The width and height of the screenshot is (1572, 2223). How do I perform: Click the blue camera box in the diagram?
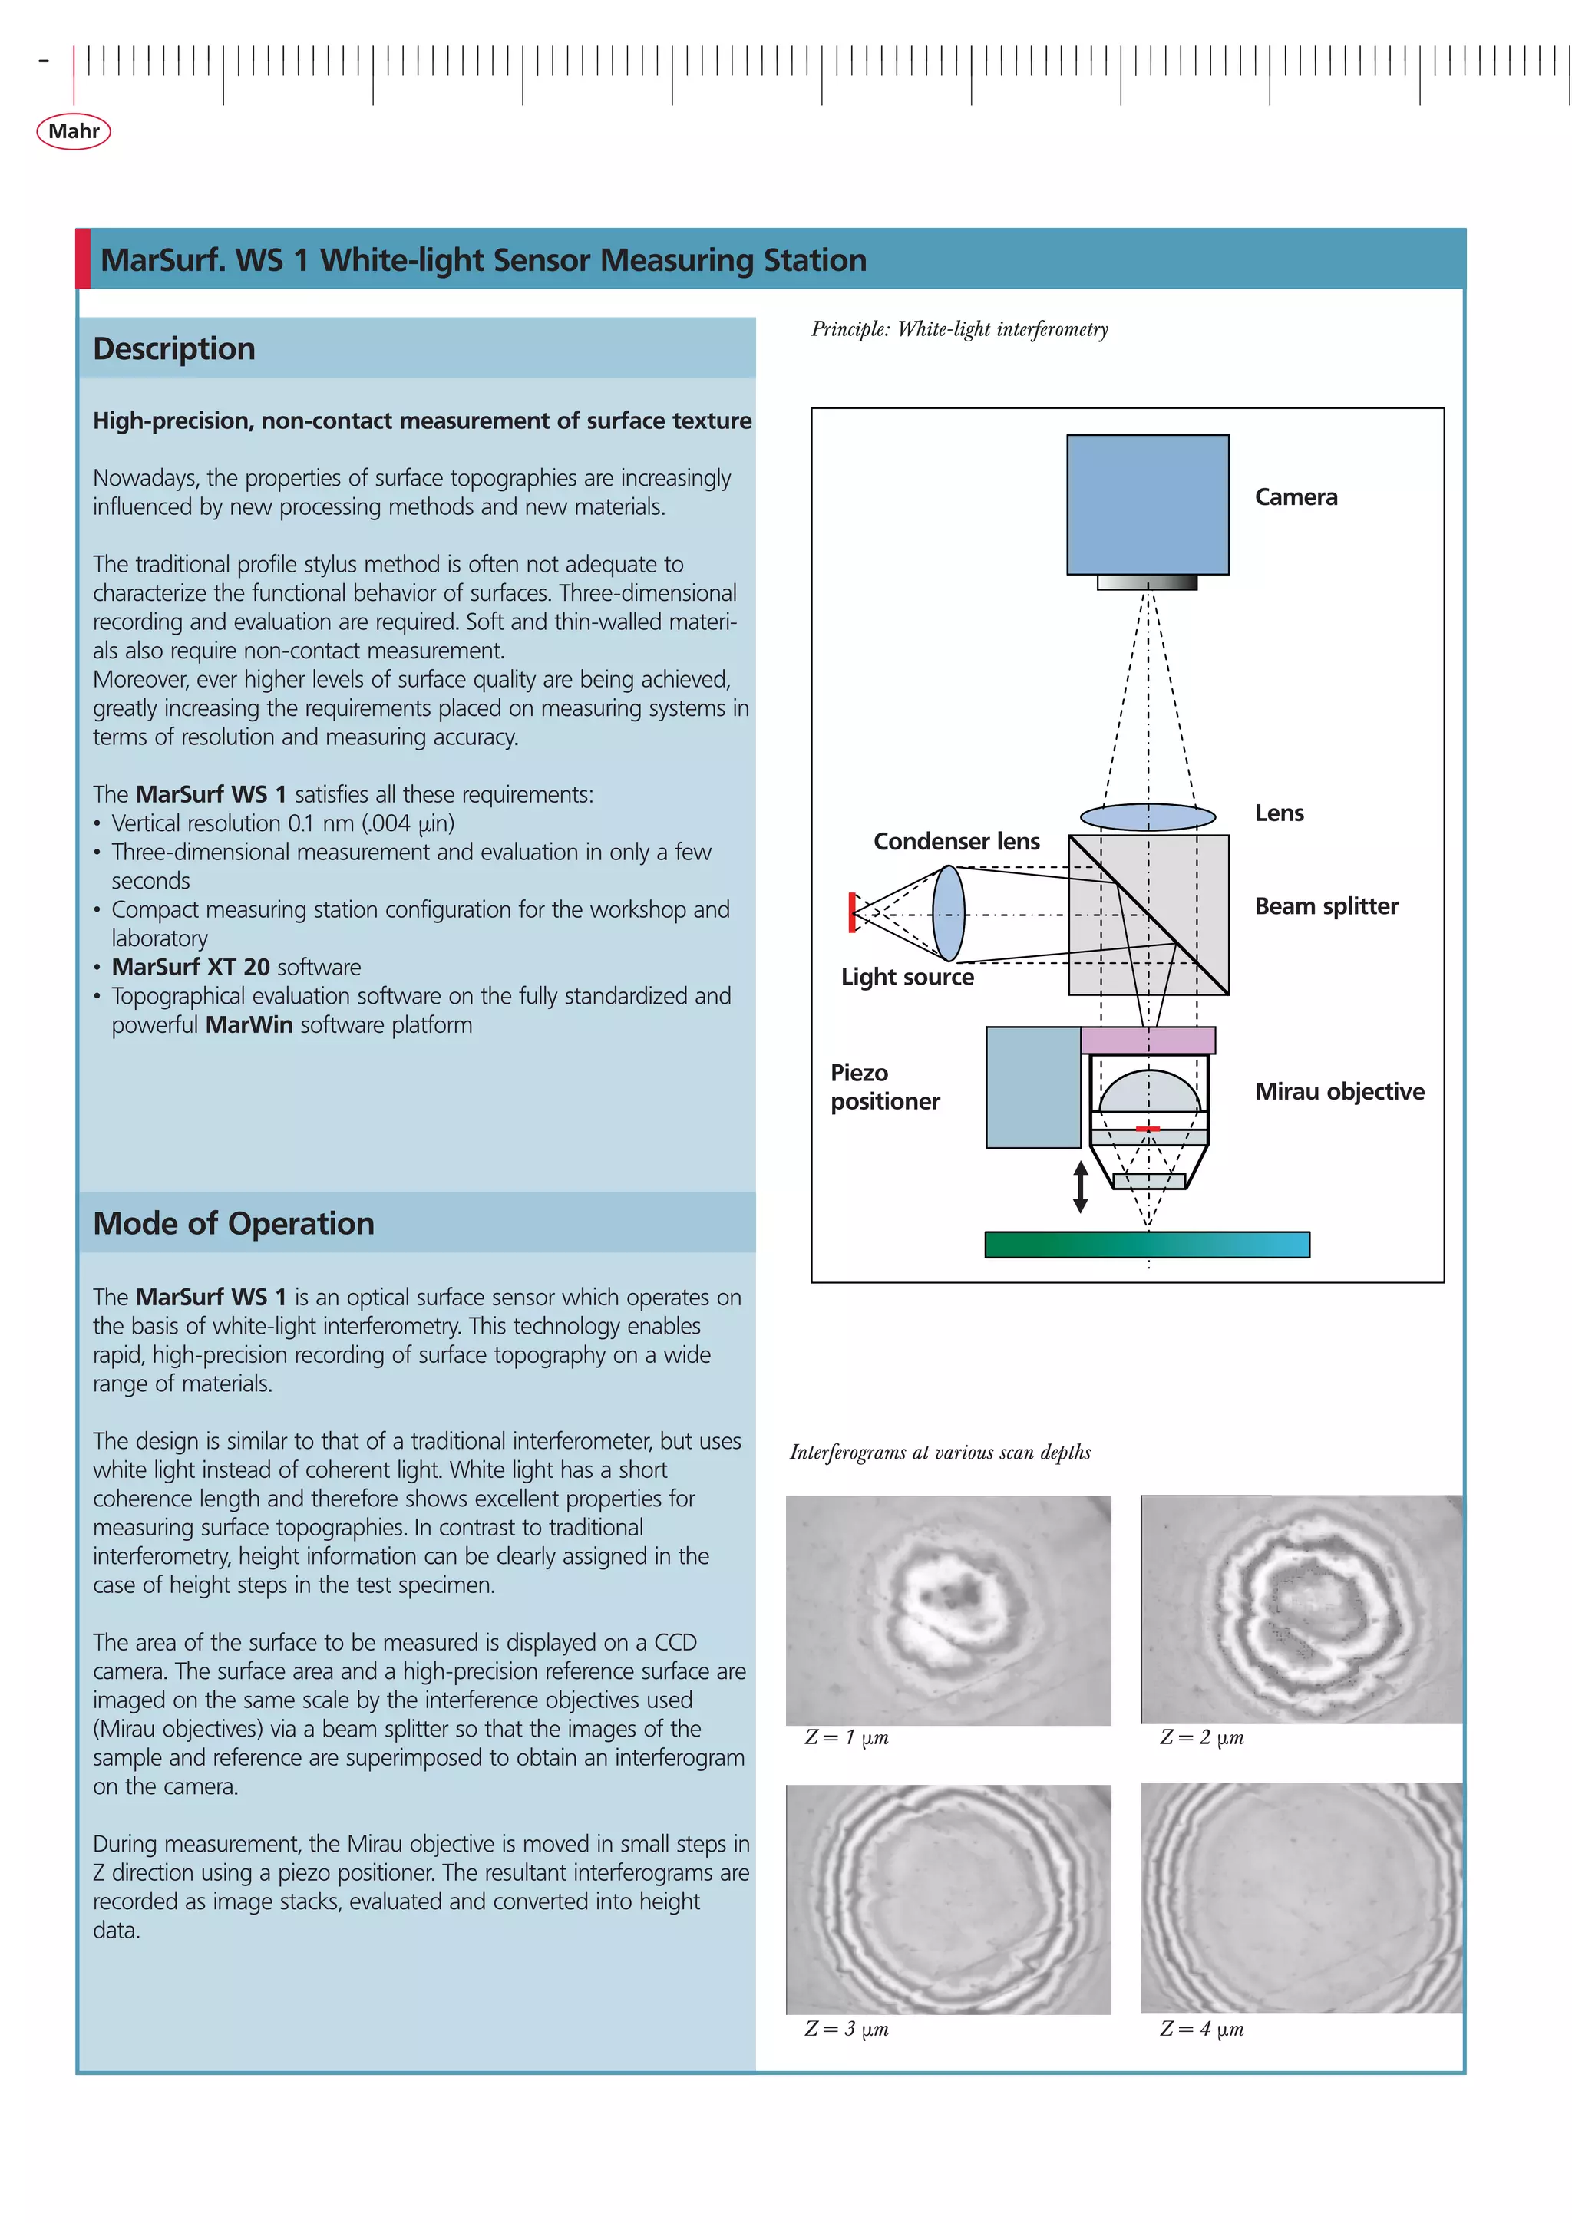[1147, 503]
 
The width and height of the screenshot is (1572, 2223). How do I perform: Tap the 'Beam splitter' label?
[1326, 906]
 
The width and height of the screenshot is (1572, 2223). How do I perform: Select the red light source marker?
[852, 912]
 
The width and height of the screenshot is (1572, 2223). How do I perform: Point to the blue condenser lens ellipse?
[948, 913]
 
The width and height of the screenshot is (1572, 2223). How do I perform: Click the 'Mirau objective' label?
[1339, 1091]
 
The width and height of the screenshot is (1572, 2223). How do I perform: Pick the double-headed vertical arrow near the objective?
[1080, 1187]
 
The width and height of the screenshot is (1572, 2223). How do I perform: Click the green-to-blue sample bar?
[1147, 1244]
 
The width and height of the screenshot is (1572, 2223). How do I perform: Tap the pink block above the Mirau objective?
[1147, 1041]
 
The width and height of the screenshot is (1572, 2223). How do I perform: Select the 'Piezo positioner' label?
[884, 1087]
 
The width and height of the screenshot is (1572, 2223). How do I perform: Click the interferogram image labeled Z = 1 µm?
[948, 1609]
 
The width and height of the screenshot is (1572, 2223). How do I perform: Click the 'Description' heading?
[174, 348]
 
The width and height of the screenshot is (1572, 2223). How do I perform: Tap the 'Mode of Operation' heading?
[233, 1223]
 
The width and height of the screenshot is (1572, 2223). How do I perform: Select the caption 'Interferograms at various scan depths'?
[940, 1453]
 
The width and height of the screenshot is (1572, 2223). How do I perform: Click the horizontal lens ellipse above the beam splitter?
[1147, 817]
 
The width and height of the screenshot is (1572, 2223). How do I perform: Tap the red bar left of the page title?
[84, 259]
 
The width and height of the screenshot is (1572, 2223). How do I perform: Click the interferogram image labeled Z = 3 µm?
[948, 1900]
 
